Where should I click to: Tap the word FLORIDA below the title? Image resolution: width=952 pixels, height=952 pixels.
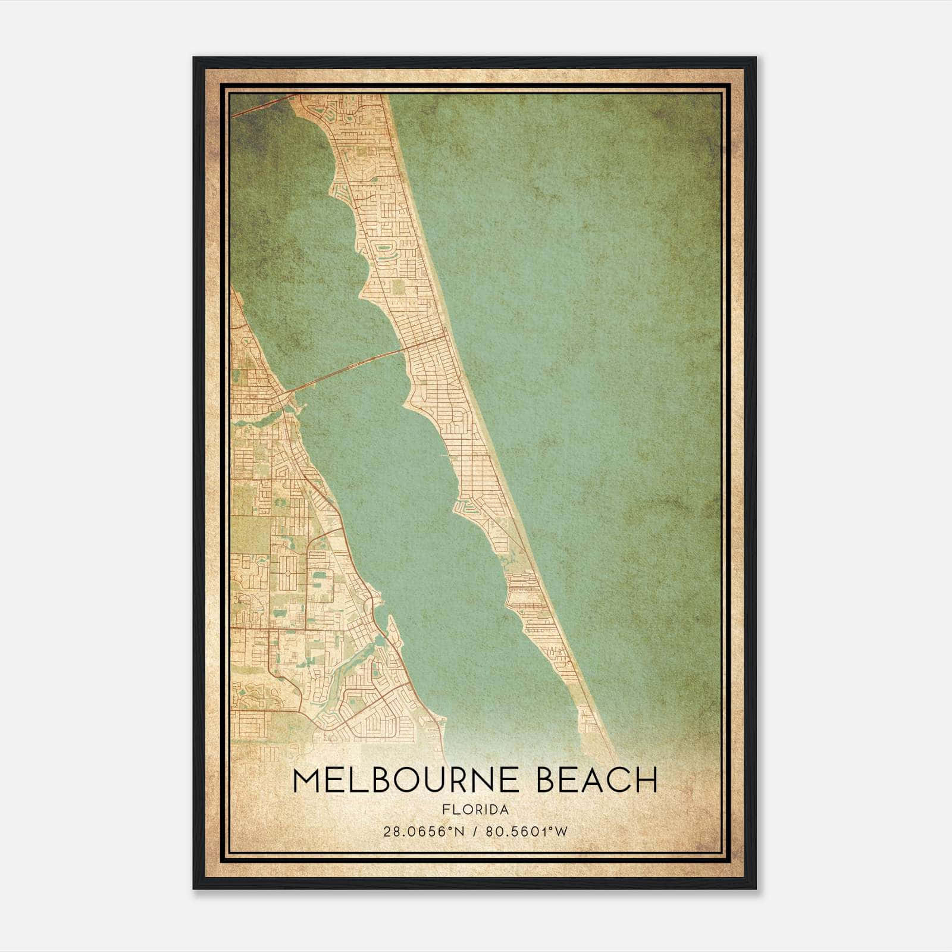point(475,809)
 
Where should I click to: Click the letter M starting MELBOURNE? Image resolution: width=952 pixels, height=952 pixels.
point(307,780)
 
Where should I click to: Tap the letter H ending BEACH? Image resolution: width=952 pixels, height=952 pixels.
point(646,780)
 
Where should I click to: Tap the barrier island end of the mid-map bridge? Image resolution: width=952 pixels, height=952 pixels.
point(405,349)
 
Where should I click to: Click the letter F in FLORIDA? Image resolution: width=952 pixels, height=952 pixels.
point(446,809)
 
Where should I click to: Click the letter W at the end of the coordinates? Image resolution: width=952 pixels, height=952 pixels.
point(563,831)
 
